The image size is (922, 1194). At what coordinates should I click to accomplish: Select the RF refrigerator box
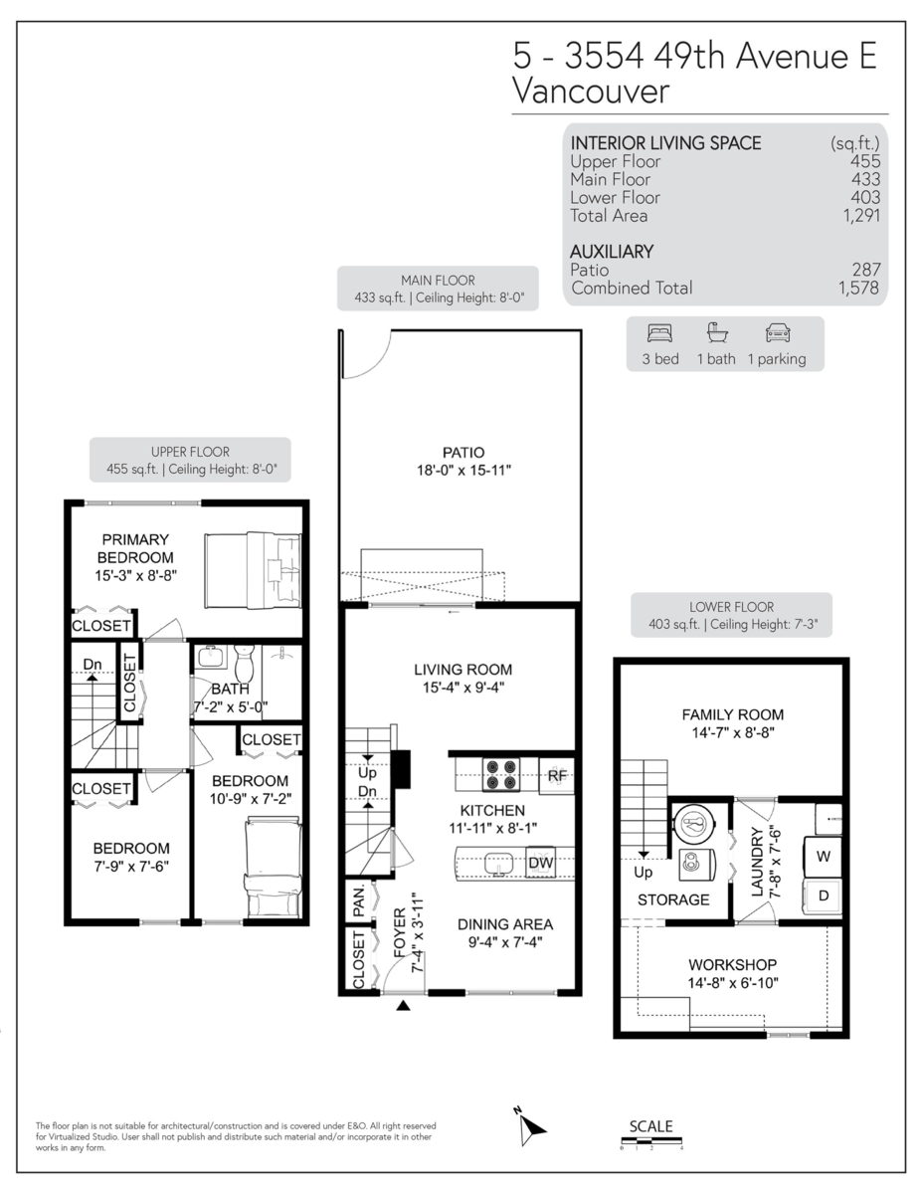coord(557,775)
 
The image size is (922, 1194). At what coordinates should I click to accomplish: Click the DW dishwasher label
coord(540,863)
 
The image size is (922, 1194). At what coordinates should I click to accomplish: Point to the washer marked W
coord(824,855)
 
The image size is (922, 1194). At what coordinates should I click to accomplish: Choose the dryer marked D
coord(824,895)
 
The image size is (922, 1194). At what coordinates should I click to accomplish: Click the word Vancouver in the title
coord(589,92)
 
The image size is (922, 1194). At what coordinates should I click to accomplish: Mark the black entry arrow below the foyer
coord(403,1007)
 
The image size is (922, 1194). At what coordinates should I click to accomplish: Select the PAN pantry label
coord(358,903)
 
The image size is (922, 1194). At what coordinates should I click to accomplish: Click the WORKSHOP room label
coord(732,965)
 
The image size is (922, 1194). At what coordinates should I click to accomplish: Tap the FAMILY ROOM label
coord(732,714)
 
